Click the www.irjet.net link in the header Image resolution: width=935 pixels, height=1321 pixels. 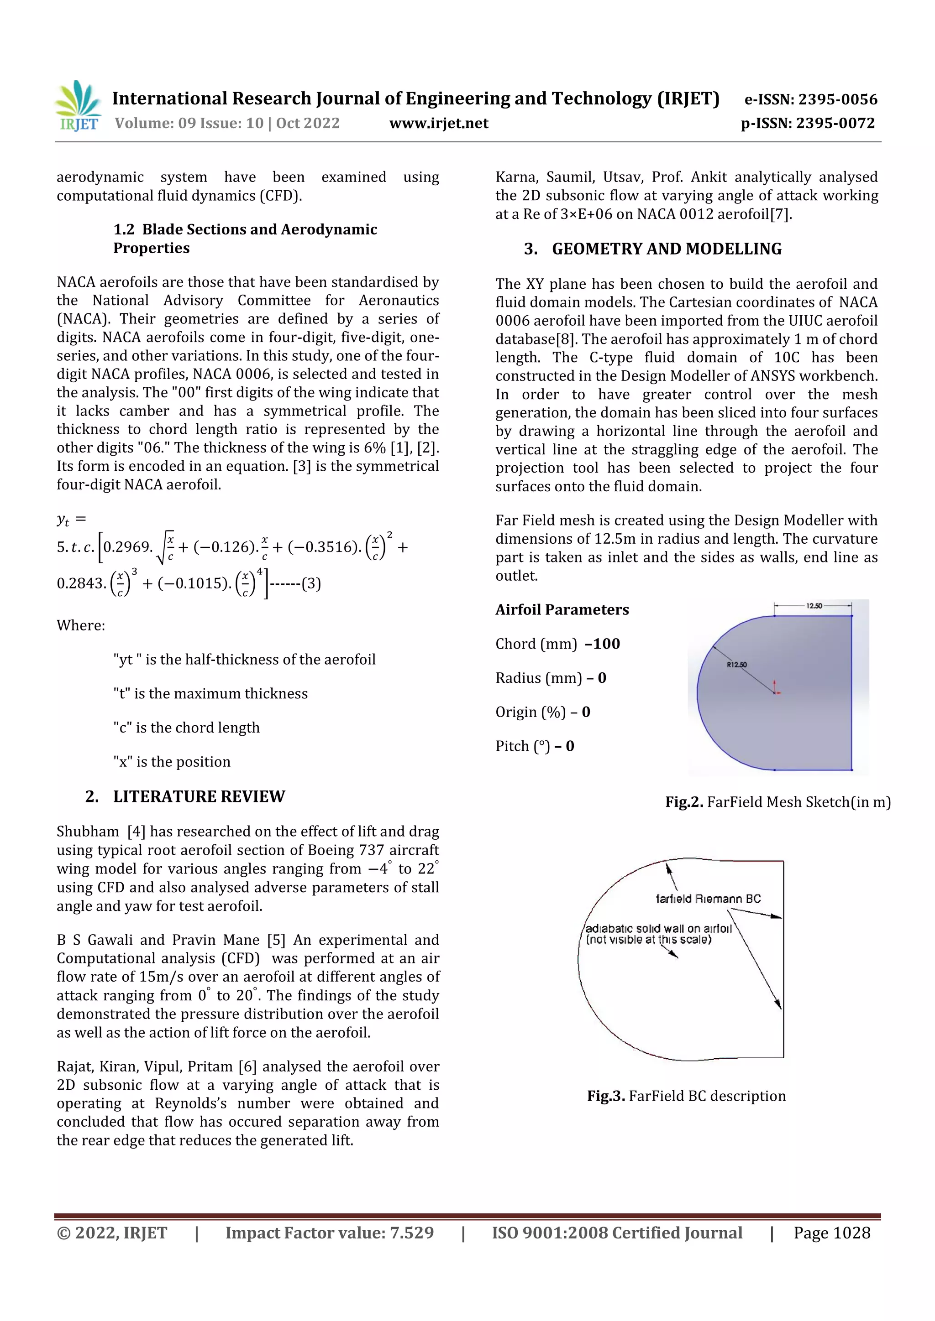439,123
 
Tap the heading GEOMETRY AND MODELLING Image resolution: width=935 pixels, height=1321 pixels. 666,249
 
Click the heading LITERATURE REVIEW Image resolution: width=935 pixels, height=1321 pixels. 199,796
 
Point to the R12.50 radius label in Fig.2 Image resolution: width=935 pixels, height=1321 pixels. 736,665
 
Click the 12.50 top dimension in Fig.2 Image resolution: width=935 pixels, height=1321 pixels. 814,606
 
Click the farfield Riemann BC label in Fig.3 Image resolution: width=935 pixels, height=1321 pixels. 708,899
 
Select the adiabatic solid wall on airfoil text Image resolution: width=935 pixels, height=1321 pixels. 658,929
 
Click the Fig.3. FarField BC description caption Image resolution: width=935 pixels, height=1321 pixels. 686,1096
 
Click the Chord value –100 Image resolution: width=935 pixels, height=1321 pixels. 603,643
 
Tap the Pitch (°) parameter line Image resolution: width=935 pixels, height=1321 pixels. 534,746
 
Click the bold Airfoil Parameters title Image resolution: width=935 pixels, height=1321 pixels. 562,609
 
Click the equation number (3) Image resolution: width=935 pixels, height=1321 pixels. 311,583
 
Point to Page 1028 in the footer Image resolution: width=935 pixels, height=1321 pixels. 831,1233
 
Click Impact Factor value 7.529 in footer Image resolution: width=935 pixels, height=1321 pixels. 329,1233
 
